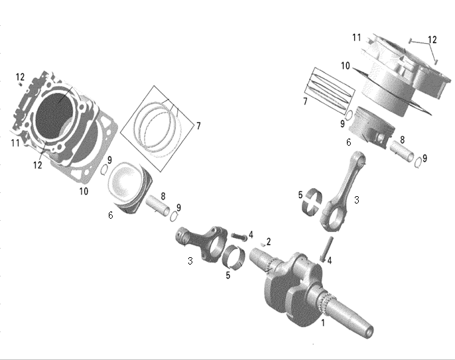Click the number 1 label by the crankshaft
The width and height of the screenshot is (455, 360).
[322, 322]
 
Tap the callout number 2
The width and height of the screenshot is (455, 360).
[269, 241]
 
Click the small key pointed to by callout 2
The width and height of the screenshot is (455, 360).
[263, 245]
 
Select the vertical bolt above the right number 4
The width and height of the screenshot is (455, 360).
[327, 249]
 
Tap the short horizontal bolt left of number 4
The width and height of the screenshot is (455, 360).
[239, 237]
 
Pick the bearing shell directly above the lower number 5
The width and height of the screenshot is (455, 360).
[233, 257]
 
